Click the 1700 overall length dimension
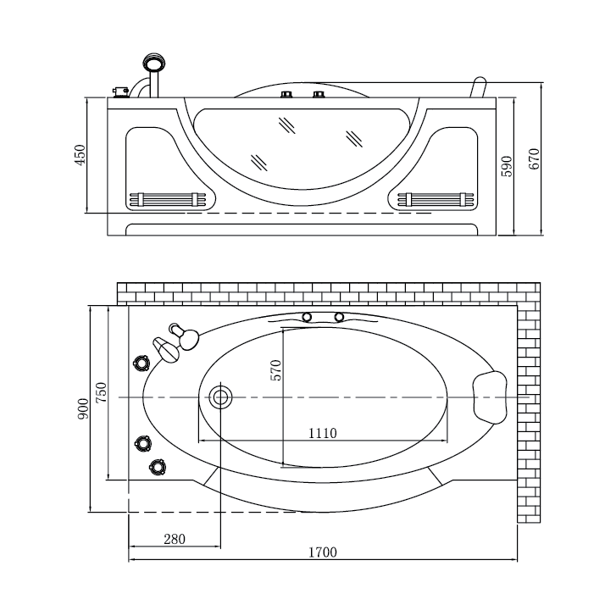[x=323, y=552]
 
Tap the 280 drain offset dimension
[x=175, y=539]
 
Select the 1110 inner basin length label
[x=323, y=433]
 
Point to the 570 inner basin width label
[x=276, y=370]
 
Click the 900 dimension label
[x=83, y=408]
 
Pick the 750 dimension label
[x=101, y=392]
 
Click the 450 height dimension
[x=80, y=155]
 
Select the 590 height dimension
[x=508, y=166]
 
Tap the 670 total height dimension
[x=535, y=158]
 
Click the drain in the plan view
[x=220, y=397]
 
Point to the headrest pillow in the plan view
[x=490, y=397]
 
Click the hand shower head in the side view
[x=154, y=63]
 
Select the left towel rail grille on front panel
[x=168, y=199]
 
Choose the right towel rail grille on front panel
[x=436, y=199]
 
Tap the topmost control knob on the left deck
[x=142, y=363]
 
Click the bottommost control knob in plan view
[x=157, y=467]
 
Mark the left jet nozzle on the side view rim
[x=286, y=94]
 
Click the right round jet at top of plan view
[x=339, y=317]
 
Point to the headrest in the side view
[x=478, y=87]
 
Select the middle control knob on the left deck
[x=143, y=443]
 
